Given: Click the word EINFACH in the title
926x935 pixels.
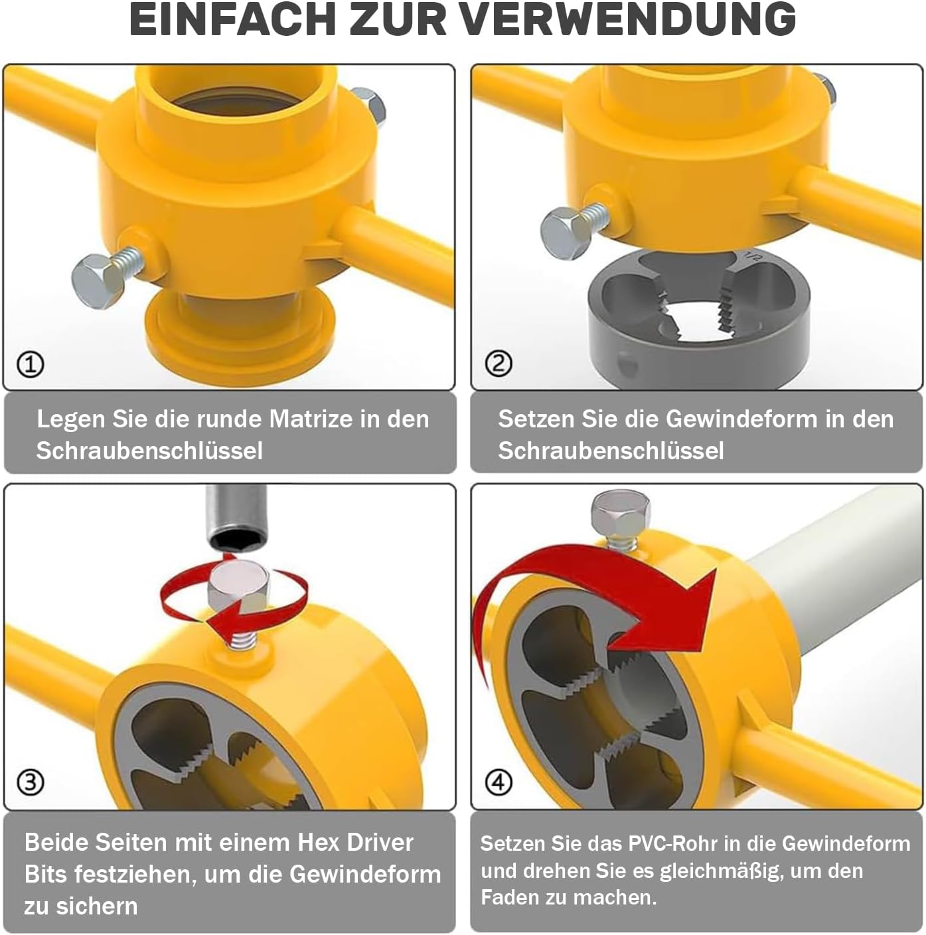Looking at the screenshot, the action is point(232,19).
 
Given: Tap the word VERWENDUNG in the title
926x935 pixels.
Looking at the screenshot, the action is point(628,19).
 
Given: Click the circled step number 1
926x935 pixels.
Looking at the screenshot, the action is point(31,364).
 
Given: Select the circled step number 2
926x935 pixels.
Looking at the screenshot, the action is point(499,364).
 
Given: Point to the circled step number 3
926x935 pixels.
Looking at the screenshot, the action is point(31,782).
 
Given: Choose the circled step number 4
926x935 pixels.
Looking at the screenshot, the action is point(499,782).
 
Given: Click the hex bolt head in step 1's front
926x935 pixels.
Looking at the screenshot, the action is point(98,281).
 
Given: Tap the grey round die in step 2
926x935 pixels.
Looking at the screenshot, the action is point(699,318).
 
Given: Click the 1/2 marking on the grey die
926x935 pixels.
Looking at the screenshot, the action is point(752,255).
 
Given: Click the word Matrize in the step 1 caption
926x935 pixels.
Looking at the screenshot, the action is point(311,419).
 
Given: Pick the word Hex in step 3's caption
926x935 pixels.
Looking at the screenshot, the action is point(317,842).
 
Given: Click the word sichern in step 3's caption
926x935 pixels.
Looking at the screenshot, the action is point(104,906).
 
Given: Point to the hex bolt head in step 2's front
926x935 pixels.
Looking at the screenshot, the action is point(566,234).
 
